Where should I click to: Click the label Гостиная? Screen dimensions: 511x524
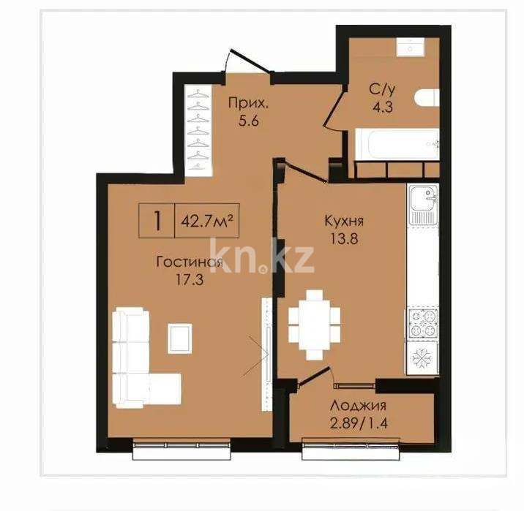click(x=190, y=262)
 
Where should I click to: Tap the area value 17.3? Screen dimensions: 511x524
click(x=190, y=279)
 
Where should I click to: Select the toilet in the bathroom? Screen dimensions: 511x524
click(x=426, y=98)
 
